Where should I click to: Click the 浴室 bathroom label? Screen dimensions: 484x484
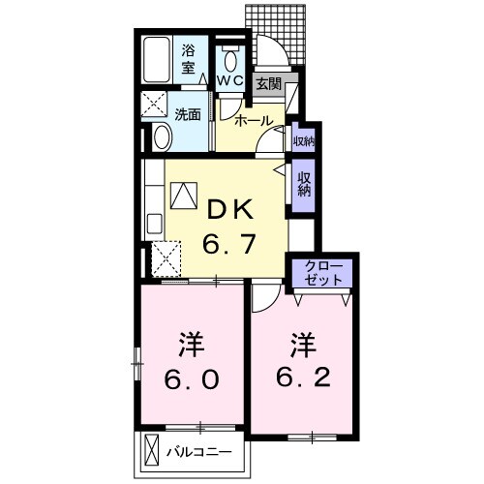(190, 59)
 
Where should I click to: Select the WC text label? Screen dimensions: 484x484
(229, 80)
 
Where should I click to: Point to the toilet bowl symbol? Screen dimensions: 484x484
(230, 55)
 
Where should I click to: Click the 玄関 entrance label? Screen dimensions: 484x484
(266, 84)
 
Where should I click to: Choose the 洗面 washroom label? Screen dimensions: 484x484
(188, 114)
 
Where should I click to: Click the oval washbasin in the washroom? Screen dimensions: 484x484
(162, 136)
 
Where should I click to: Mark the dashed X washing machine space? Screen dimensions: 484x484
(156, 104)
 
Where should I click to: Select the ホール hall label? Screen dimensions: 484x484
(254, 122)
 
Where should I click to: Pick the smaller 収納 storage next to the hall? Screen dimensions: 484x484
(303, 141)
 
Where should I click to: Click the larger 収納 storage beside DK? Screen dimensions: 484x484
(304, 184)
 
